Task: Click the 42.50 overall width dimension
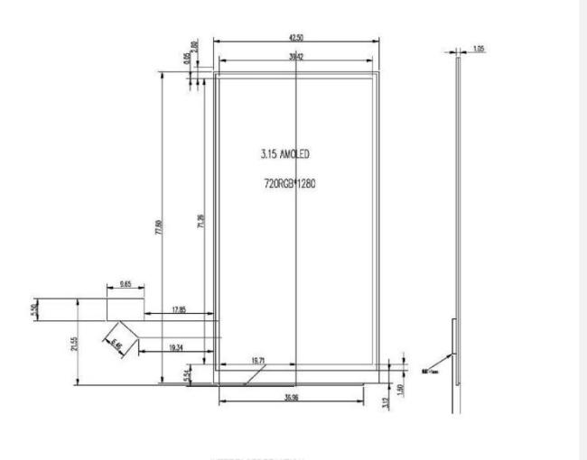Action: click(x=295, y=38)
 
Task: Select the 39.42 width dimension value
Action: click(x=295, y=56)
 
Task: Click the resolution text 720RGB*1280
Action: click(x=287, y=183)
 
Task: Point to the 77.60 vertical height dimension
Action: click(x=159, y=231)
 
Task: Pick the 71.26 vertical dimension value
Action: click(x=200, y=221)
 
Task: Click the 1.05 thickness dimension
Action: click(x=478, y=49)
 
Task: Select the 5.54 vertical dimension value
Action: click(x=187, y=373)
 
